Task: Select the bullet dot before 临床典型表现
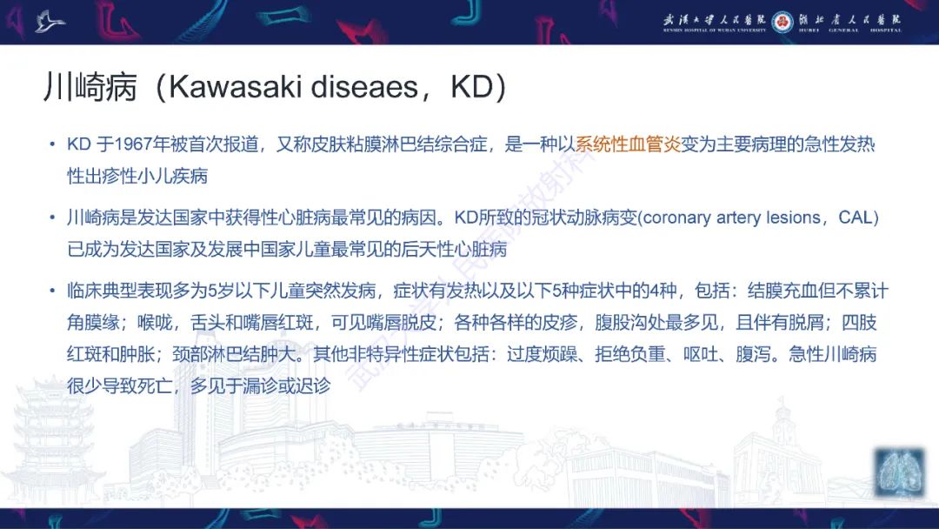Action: (54, 291)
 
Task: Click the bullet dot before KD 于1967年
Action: (54, 145)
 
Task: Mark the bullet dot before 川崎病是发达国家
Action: (54, 218)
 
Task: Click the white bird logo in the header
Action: (50, 22)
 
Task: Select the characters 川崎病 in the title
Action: (90, 88)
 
